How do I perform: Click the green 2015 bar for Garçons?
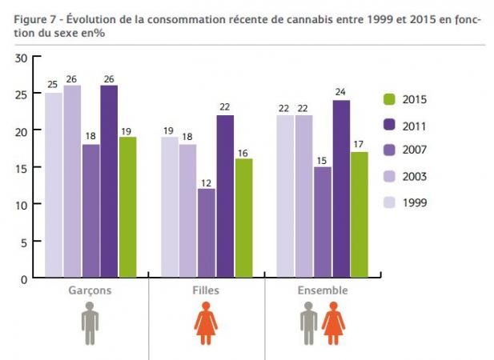coord(127,207)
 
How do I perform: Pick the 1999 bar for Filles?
coord(169,207)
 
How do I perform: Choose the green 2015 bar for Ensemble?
coord(359,214)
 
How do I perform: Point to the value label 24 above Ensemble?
coord(340,91)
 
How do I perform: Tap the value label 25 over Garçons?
coord(53,84)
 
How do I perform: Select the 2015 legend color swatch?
coord(389,100)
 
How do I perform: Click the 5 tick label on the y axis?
coord(25,242)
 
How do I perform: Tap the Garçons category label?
coord(90,290)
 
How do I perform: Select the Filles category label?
coord(207,290)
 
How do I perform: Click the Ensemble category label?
coord(322,290)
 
